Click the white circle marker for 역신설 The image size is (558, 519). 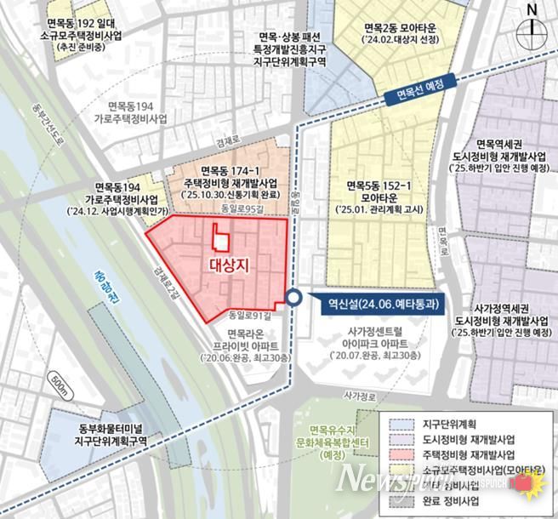click(293, 298)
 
